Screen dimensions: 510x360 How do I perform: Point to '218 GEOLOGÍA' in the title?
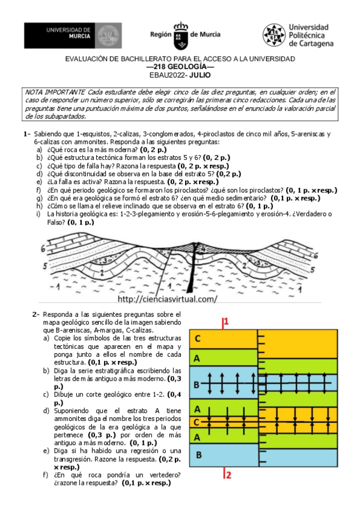pyautogui.click(x=180, y=67)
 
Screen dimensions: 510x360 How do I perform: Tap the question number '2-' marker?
pyautogui.click(x=37, y=315)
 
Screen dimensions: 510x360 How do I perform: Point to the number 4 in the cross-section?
pyautogui.click(x=204, y=247)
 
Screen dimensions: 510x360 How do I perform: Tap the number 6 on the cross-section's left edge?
pyautogui.click(x=43, y=248)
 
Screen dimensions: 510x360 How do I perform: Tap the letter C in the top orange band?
pyautogui.click(x=197, y=339)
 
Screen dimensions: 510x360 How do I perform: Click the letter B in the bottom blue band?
pyautogui.click(x=197, y=455)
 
